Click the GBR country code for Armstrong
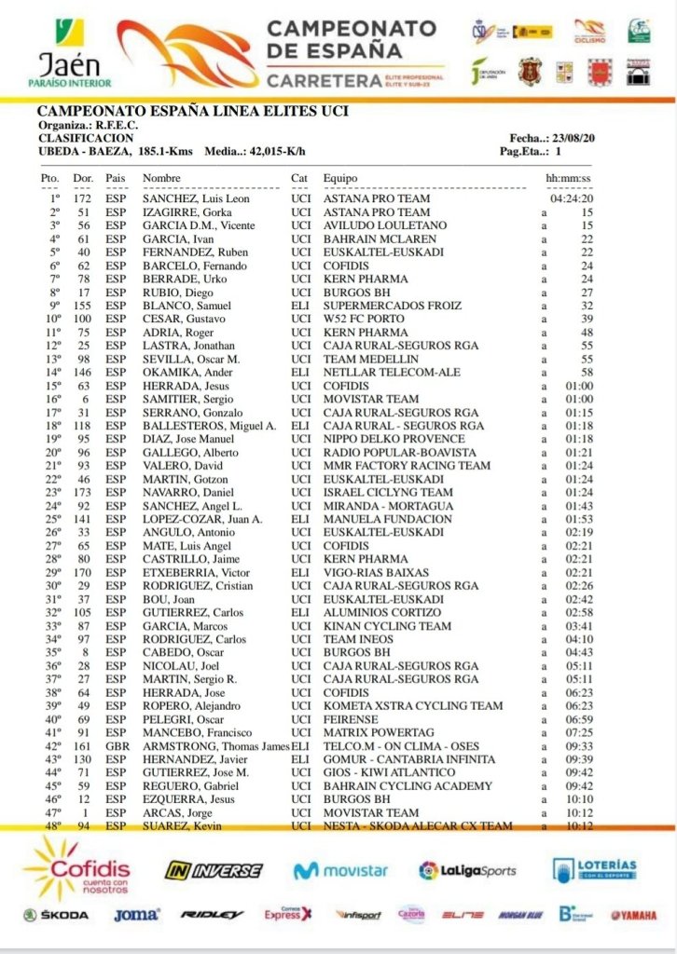(x=117, y=746)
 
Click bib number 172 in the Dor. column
(x=83, y=198)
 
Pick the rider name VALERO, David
(x=180, y=466)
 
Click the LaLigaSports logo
(x=467, y=870)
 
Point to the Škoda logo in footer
(x=56, y=915)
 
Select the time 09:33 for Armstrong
(x=580, y=746)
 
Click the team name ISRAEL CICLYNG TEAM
(x=387, y=492)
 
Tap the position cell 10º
(x=53, y=319)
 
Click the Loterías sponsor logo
(x=594, y=869)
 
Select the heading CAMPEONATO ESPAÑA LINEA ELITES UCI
(x=192, y=112)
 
